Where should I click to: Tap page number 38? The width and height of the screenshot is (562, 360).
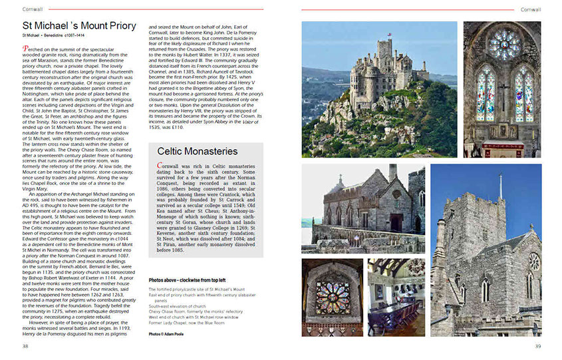(25, 346)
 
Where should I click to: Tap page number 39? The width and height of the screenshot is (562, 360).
(538, 346)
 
